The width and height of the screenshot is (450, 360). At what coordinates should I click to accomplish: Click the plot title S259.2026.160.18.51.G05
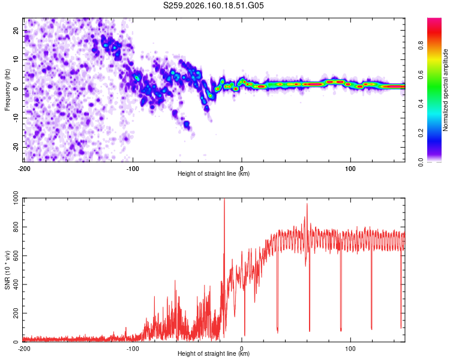[x=213, y=5]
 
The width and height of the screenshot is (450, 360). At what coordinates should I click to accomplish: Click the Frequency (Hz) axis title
[x=7, y=90]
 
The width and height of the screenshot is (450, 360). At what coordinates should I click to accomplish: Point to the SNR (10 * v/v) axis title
[x=7, y=270]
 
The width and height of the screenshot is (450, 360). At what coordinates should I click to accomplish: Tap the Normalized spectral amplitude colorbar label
[x=445, y=90]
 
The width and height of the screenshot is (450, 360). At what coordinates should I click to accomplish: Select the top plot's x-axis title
[x=214, y=173]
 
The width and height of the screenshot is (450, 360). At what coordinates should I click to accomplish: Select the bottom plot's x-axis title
[x=214, y=353]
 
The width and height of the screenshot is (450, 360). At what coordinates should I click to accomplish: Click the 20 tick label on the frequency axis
[x=16, y=31]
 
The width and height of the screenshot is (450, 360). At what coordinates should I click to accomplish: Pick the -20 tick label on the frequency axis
[x=16, y=147]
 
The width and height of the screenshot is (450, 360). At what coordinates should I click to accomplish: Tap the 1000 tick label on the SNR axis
[x=16, y=198]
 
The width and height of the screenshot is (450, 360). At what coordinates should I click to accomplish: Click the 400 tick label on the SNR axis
[x=16, y=284]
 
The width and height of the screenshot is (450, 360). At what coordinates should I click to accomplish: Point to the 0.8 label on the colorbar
[x=421, y=46]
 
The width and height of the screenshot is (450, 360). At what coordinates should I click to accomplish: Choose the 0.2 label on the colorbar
[x=421, y=133]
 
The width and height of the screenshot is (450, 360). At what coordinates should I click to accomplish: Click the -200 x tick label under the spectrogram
[x=24, y=169]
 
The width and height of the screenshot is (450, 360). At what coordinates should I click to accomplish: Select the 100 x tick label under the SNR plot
[x=350, y=349]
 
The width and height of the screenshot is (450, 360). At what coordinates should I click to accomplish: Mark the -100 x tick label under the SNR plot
[x=133, y=349]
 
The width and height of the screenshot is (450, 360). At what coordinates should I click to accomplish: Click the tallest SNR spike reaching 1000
[x=224, y=199]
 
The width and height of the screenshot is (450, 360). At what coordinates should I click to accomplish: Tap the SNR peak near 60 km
[x=307, y=204]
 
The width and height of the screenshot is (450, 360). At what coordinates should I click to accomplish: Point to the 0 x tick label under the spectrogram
[x=242, y=169]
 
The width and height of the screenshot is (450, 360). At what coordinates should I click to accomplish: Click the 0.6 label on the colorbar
[x=421, y=74]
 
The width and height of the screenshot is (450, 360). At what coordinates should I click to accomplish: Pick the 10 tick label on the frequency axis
[x=16, y=59]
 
